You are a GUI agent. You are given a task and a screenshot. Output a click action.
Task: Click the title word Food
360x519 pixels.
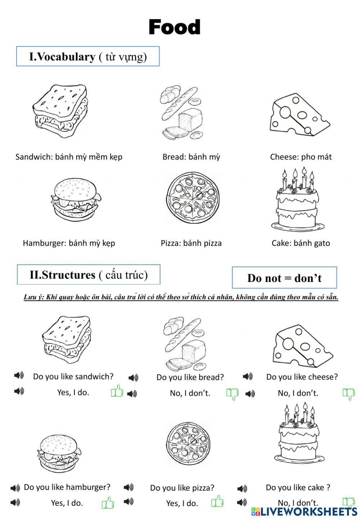click(175, 27)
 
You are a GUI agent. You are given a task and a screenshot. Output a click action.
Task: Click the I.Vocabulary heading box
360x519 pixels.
click(88, 56)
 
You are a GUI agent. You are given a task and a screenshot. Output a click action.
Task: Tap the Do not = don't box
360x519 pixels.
click(284, 278)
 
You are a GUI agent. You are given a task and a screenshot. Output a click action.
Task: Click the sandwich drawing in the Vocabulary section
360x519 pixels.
click(60, 110)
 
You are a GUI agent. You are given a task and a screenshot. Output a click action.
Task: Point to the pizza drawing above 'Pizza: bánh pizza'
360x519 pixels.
click(193, 198)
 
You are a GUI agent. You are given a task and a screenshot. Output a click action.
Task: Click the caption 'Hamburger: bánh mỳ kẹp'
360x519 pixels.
click(69, 243)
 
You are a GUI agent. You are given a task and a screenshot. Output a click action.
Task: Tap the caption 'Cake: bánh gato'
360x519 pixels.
click(301, 243)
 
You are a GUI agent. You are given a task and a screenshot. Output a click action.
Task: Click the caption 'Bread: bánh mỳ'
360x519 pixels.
click(191, 157)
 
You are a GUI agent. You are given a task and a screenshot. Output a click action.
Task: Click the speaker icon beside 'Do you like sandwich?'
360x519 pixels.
click(19, 376)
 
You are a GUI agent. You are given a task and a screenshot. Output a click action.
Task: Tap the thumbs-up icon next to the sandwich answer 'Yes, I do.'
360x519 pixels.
click(117, 391)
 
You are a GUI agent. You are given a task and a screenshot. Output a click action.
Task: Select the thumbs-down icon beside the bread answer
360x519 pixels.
click(233, 394)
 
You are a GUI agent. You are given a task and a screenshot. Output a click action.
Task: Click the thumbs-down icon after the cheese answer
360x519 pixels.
click(349, 394)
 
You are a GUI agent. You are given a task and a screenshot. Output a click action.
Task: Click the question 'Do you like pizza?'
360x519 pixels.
click(182, 488)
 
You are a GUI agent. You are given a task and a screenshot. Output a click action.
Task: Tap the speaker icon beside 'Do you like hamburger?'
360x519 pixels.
click(15, 488)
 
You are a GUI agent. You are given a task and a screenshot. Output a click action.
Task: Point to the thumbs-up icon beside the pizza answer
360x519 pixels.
click(217, 501)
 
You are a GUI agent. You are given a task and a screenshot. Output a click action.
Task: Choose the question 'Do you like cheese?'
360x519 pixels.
click(302, 377)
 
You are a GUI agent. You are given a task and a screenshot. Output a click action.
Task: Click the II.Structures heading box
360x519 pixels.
click(89, 275)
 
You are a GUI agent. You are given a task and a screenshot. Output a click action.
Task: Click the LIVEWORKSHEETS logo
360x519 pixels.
click(304, 511)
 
